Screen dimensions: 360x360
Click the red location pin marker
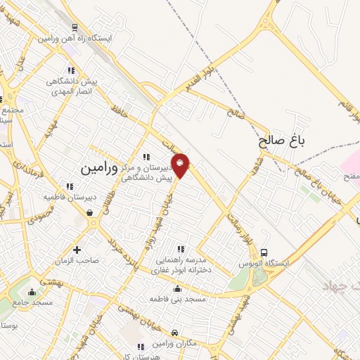[181, 165]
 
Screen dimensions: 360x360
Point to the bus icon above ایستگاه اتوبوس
[264, 252]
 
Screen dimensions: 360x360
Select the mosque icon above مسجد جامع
[32, 292]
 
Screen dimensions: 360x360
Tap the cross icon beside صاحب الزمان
[77, 249]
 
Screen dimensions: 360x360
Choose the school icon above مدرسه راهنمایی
[181, 248]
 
